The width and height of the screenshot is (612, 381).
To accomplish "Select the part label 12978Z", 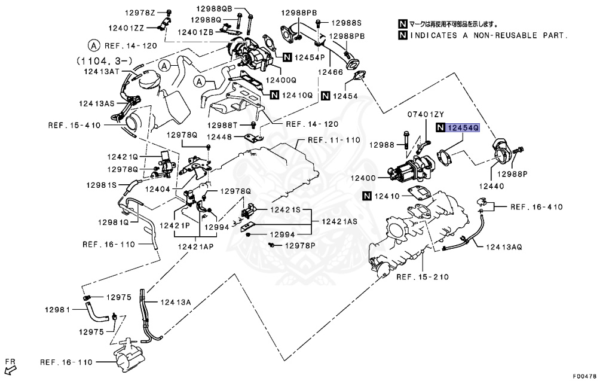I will [140, 13].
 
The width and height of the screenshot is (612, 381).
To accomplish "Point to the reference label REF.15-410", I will [75, 125].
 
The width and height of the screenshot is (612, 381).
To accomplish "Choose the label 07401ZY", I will [426, 114].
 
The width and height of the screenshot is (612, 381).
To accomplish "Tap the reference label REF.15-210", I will [423, 277].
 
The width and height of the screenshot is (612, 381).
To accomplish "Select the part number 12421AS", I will [339, 221].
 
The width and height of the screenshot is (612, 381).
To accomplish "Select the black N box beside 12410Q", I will [275, 95].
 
